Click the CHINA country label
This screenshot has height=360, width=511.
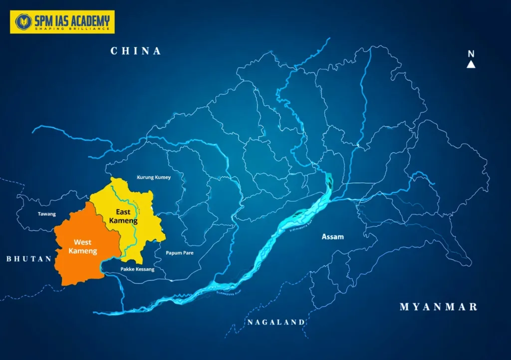pyautogui.click(x=136, y=51)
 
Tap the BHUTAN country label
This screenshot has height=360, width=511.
pyautogui.click(x=29, y=259)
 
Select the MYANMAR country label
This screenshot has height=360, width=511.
pyautogui.click(x=438, y=307)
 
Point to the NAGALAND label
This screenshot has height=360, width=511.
pyautogui.click(x=275, y=323)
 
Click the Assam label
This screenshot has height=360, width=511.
pyautogui.click(x=333, y=237)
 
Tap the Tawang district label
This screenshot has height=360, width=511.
pyautogui.click(x=46, y=214)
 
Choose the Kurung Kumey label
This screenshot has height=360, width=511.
pyautogui.click(x=154, y=177)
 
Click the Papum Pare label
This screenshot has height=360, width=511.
pyautogui.click(x=179, y=253)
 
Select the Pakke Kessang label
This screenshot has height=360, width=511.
pyautogui.click(x=138, y=270)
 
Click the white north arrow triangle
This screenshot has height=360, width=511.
pyautogui.click(x=471, y=64)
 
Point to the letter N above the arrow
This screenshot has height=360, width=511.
pyautogui.click(x=471, y=54)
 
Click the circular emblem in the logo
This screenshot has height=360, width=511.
pyautogui.click(x=22, y=21)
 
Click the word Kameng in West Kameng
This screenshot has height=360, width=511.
pyautogui.click(x=83, y=251)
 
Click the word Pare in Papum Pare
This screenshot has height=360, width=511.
pyautogui.click(x=187, y=253)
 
